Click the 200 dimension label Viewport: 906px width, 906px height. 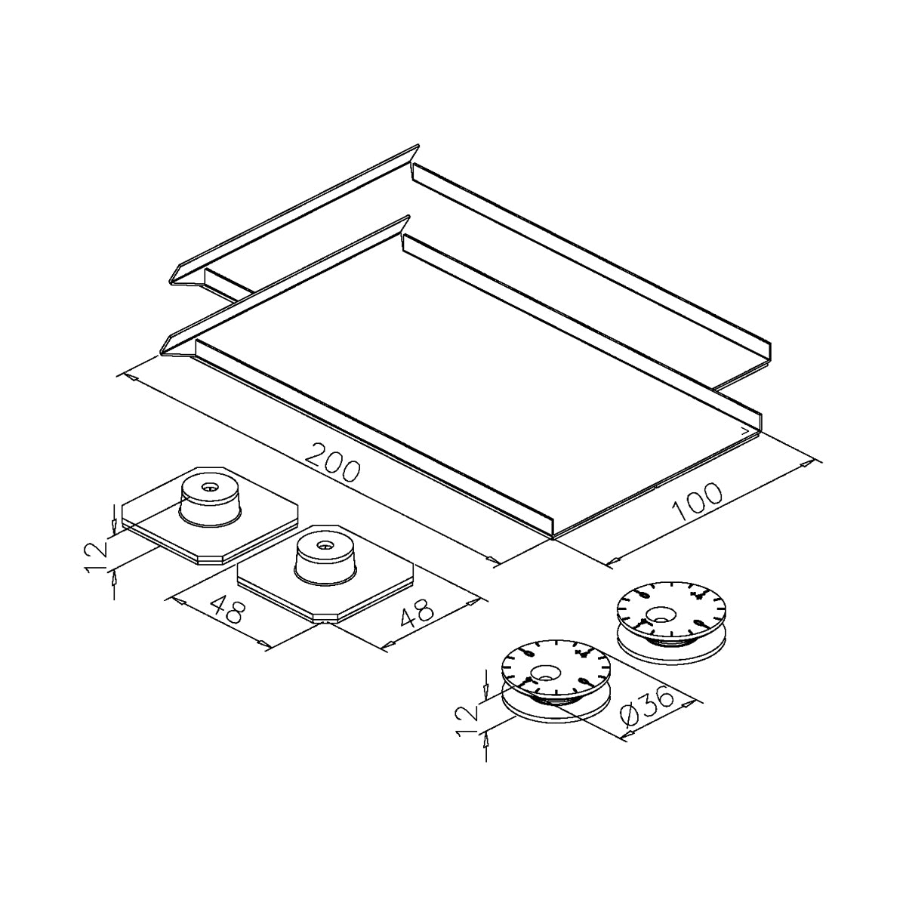pos(332,463)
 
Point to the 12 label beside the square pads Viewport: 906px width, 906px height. pos(96,556)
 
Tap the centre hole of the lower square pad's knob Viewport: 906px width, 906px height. pos(323,545)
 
